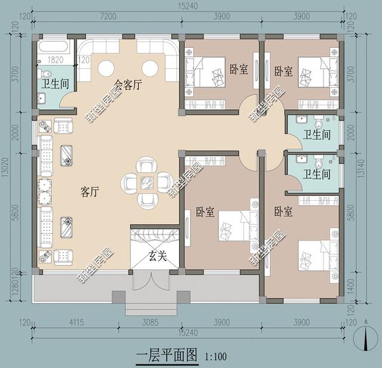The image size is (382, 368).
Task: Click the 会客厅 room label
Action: tap(128, 85)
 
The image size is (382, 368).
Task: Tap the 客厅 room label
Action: tap(90, 192)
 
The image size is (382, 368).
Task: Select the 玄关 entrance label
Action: tap(156, 257)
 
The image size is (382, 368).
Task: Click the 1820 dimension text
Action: tap(55, 60)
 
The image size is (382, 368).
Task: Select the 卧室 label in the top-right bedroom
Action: tap(284, 72)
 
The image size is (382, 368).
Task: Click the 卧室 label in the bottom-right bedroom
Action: tap(284, 211)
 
